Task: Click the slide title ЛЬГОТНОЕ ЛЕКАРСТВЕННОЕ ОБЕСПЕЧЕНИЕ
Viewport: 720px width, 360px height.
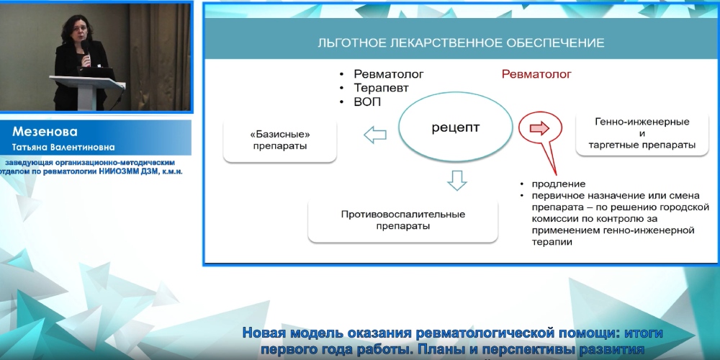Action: click(461, 42)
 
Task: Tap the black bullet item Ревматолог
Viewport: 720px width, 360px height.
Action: click(389, 74)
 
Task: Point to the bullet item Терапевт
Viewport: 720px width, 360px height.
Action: click(382, 88)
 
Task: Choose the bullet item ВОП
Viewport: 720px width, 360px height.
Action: click(367, 102)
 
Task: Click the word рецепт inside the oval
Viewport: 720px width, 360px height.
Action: click(455, 128)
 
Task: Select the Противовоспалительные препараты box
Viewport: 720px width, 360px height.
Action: click(403, 220)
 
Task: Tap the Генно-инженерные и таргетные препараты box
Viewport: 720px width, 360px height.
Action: click(642, 133)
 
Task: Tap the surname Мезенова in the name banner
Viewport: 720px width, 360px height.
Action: click(45, 132)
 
